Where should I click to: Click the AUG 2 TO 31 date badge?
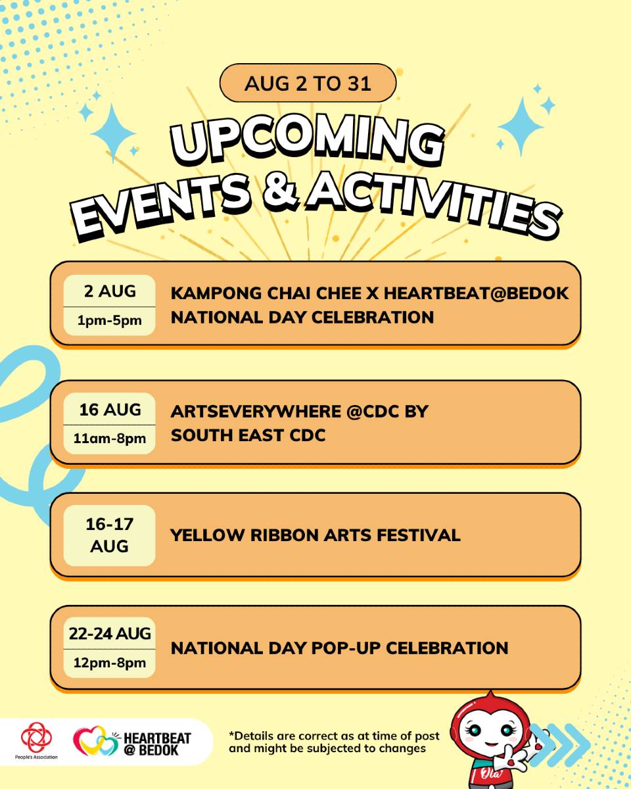coord(308,83)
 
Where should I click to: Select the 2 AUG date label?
coord(110,291)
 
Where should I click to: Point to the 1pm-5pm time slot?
coord(109,320)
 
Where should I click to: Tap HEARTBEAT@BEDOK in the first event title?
coord(476,293)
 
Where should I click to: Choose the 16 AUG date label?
coord(110,410)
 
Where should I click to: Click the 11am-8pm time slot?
coord(109,439)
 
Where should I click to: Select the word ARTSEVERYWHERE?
coord(256,412)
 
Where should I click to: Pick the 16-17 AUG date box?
coord(109,535)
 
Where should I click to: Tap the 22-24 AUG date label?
coord(110,634)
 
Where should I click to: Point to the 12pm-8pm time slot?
coord(109,663)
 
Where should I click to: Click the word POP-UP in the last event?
coord(346,648)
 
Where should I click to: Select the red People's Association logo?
coord(36,736)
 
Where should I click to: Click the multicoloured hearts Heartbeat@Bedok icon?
coord(96,740)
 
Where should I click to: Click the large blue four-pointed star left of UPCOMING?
coord(113,133)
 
